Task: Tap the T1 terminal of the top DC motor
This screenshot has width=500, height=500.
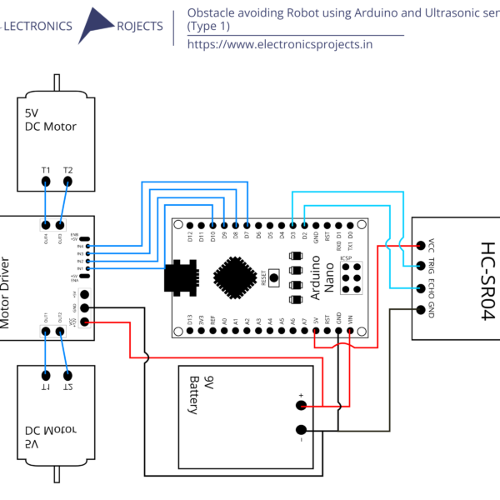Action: coord(46,182)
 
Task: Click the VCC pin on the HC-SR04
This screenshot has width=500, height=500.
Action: coord(419,245)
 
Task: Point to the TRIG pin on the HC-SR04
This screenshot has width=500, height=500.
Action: coord(419,267)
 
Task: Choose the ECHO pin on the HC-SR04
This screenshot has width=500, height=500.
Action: coord(419,288)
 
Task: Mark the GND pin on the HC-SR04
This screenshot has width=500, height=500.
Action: coord(419,310)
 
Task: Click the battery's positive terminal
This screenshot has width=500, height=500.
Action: coord(301,406)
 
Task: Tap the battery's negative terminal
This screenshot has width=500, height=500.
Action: coord(301,431)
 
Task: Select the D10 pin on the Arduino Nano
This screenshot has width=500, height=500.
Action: coord(214,224)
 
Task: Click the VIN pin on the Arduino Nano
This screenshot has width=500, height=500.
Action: coord(350,331)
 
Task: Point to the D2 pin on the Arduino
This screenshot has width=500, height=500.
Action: coord(305,224)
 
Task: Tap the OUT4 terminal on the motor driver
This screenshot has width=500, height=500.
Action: coord(45,224)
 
